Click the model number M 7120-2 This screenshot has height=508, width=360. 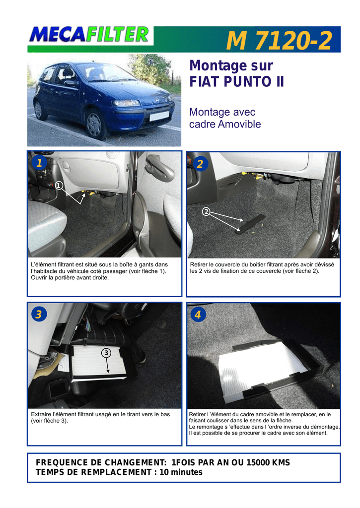[279, 41]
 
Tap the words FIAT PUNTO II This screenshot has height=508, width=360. [236, 81]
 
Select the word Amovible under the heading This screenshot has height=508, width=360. [239, 124]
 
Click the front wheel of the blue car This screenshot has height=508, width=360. [95, 125]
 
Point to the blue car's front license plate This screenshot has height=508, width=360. [159, 116]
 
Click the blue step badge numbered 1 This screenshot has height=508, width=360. [39, 162]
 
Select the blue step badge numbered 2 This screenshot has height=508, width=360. [200, 164]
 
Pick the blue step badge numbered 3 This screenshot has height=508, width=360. [39, 314]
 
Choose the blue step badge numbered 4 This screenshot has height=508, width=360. [198, 314]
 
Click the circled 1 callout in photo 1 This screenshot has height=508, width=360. [59, 186]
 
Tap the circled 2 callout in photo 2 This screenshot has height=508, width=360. [206, 212]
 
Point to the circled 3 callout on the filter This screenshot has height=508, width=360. [106, 353]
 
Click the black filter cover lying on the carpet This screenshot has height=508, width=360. [250, 224]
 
